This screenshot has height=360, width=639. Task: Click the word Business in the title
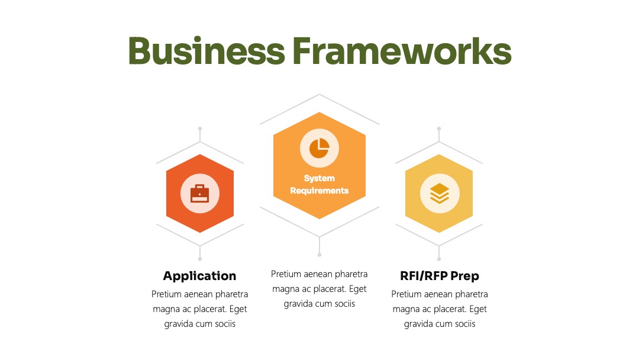pyautogui.click(x=206, y=51)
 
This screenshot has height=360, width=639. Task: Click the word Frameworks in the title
pyautogui.click(x=402, y=51)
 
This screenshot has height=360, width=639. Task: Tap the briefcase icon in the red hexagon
pyautogui.click(x=200, y=193)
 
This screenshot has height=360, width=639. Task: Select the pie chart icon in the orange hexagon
pyautogui.click(x=319, y=148)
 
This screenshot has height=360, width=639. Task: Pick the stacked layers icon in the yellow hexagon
pyautogui.click(x=439, y=193)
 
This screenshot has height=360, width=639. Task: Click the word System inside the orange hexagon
pyautogui.click(x=319, y=178)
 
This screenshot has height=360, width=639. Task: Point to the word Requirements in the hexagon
pyautogui.click(x=319, y=191)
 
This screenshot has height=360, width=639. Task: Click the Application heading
pyautogui.click(x=200, y=276)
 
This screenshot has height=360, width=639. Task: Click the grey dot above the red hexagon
pyautogui.click(x=200, y=128)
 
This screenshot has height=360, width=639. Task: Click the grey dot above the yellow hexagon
pyautogui.click(x=439, y=128)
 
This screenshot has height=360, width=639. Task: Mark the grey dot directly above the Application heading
pyautogui.click(x=200, y=259)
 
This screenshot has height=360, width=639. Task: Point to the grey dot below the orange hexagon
pyautogui.click(x=319, y=255)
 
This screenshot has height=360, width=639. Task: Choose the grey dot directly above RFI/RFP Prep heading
pyautogui.click(x=439, y=259)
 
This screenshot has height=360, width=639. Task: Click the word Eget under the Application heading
pyautogui.click(x=238, y=309)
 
